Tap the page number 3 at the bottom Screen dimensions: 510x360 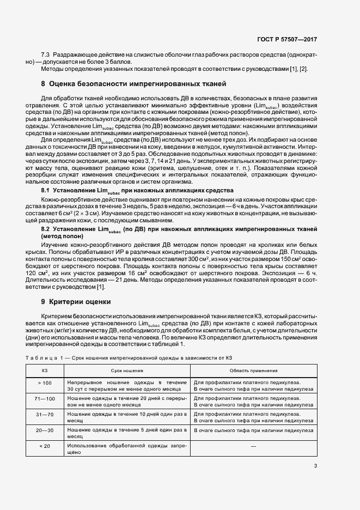pos(315,465)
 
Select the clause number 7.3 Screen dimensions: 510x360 pos(46,56)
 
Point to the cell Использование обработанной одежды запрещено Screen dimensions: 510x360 pos(127,449)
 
